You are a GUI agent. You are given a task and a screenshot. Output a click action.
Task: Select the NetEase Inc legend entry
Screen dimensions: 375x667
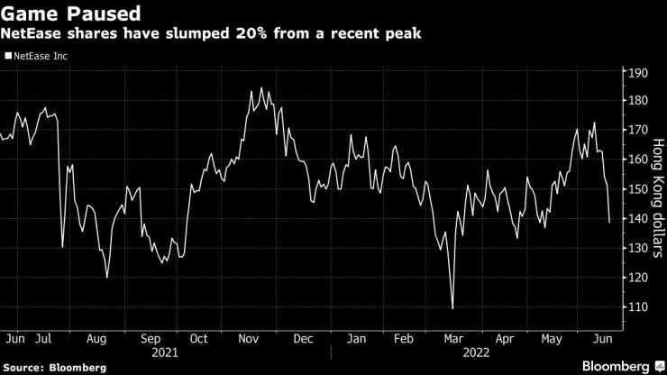tap(39, 56)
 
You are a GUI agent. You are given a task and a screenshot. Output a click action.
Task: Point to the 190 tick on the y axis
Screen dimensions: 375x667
tap(637, 72)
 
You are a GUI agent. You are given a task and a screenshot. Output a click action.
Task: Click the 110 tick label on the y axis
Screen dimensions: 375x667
tap(637, 307)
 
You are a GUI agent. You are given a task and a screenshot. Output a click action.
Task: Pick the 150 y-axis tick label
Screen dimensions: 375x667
tap(637, 189)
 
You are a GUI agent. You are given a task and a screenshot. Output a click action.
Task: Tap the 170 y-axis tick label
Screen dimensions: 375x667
tap(637, 131)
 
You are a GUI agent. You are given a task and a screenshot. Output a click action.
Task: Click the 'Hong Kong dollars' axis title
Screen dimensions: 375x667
tap(658, 197)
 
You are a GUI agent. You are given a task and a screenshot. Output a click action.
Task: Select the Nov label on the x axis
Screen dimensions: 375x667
tap(249, 339)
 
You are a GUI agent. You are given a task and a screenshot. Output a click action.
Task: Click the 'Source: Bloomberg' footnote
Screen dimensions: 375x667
tap(55, 368)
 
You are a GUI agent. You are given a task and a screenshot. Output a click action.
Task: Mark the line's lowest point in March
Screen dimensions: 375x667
tap(452, 308)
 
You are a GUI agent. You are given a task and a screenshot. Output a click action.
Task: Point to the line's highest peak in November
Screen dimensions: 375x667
tap(261, 87)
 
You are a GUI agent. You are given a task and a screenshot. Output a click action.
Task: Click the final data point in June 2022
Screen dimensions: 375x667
tap(609, 222)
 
